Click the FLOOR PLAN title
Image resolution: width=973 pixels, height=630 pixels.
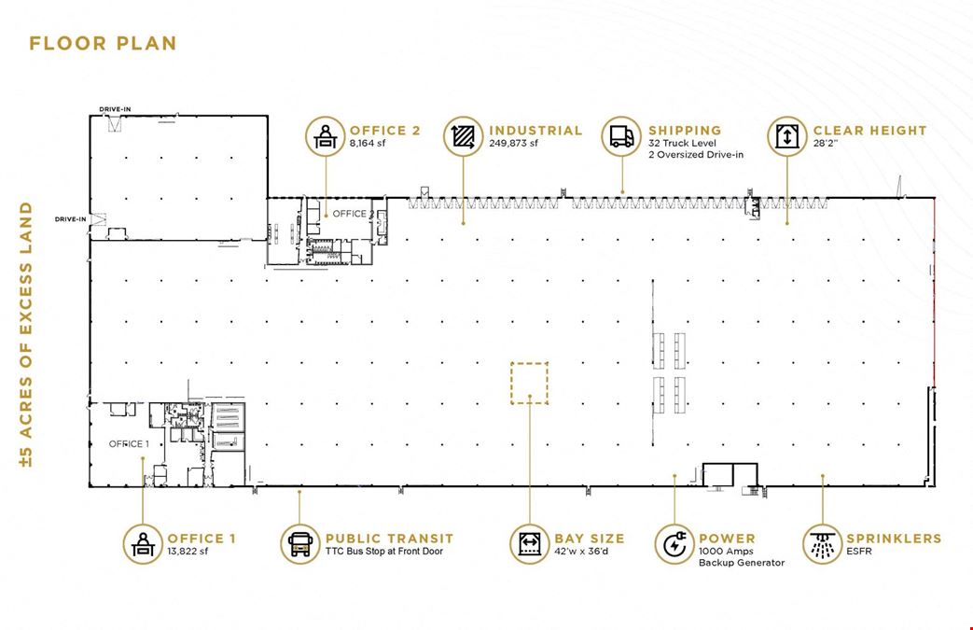[103, 44]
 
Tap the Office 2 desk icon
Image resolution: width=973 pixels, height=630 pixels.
[326, 136]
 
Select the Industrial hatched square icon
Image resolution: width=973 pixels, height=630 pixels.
[463, 136]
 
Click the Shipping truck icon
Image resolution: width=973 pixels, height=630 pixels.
[621, 136]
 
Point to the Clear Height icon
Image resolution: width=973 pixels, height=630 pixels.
[786, 136]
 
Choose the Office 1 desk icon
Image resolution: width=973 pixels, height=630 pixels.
[143, 544]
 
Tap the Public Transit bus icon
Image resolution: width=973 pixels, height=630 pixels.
[299, 544]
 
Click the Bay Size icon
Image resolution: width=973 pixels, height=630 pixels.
[529, 544]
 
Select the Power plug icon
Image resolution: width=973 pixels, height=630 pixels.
[674, 544]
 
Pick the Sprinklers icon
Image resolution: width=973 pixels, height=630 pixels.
[822, 544]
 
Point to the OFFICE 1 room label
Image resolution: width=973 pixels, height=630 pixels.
[129, 443]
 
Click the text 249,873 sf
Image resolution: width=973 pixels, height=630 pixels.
[513, 143]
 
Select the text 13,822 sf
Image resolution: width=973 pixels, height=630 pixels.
[188, 552]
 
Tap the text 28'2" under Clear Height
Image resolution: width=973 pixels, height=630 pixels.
[826, 143]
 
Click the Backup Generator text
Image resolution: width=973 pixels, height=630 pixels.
[742, 563]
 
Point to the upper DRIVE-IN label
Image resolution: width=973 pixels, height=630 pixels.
[115, 110]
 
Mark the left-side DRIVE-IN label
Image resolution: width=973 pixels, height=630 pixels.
[71, 219]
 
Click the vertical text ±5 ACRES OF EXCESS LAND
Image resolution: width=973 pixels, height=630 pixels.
[25, 334]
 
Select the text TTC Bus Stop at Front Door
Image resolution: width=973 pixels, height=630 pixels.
[384, 552]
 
